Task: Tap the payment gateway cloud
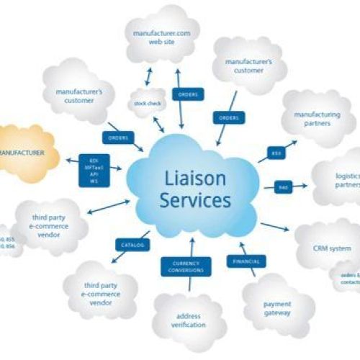276,308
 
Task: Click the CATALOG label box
133,246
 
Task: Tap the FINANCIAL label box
246,261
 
